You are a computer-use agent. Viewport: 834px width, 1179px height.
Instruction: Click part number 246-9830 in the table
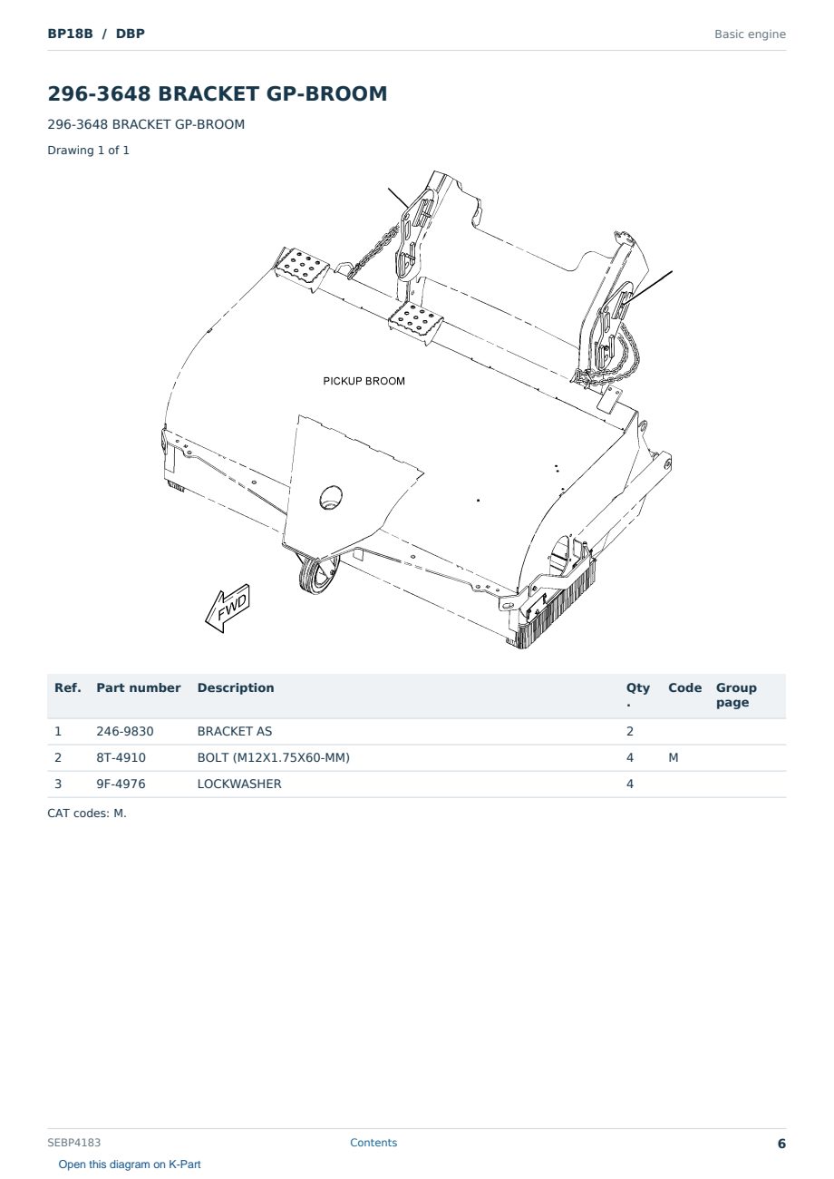pyautogui.click(x=125, y=731)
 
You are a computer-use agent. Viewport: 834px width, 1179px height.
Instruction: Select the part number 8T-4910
pyautogui.click(x=121, y=757)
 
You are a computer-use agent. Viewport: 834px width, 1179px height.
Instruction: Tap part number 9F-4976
pyautogui.click(x=121, y=784)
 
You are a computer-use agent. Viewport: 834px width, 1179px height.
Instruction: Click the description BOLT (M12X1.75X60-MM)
pyautogui.click(x=273, y=757)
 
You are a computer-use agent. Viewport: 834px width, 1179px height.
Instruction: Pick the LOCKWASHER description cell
pyautogui.click(x=239, y=784)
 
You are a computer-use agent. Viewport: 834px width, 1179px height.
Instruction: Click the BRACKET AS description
pyautogui.click(x=235, y=731)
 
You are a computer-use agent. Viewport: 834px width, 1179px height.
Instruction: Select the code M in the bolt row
pyautogui.click(x=674, y=757)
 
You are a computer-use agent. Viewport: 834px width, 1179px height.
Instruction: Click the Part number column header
pyautogui.click(x=139, y=687)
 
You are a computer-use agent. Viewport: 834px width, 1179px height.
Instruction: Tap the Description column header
pyautogui.click(x=236, y=687)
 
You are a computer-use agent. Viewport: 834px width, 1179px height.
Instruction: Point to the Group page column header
pyautogui.click(x=736, y=695)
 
